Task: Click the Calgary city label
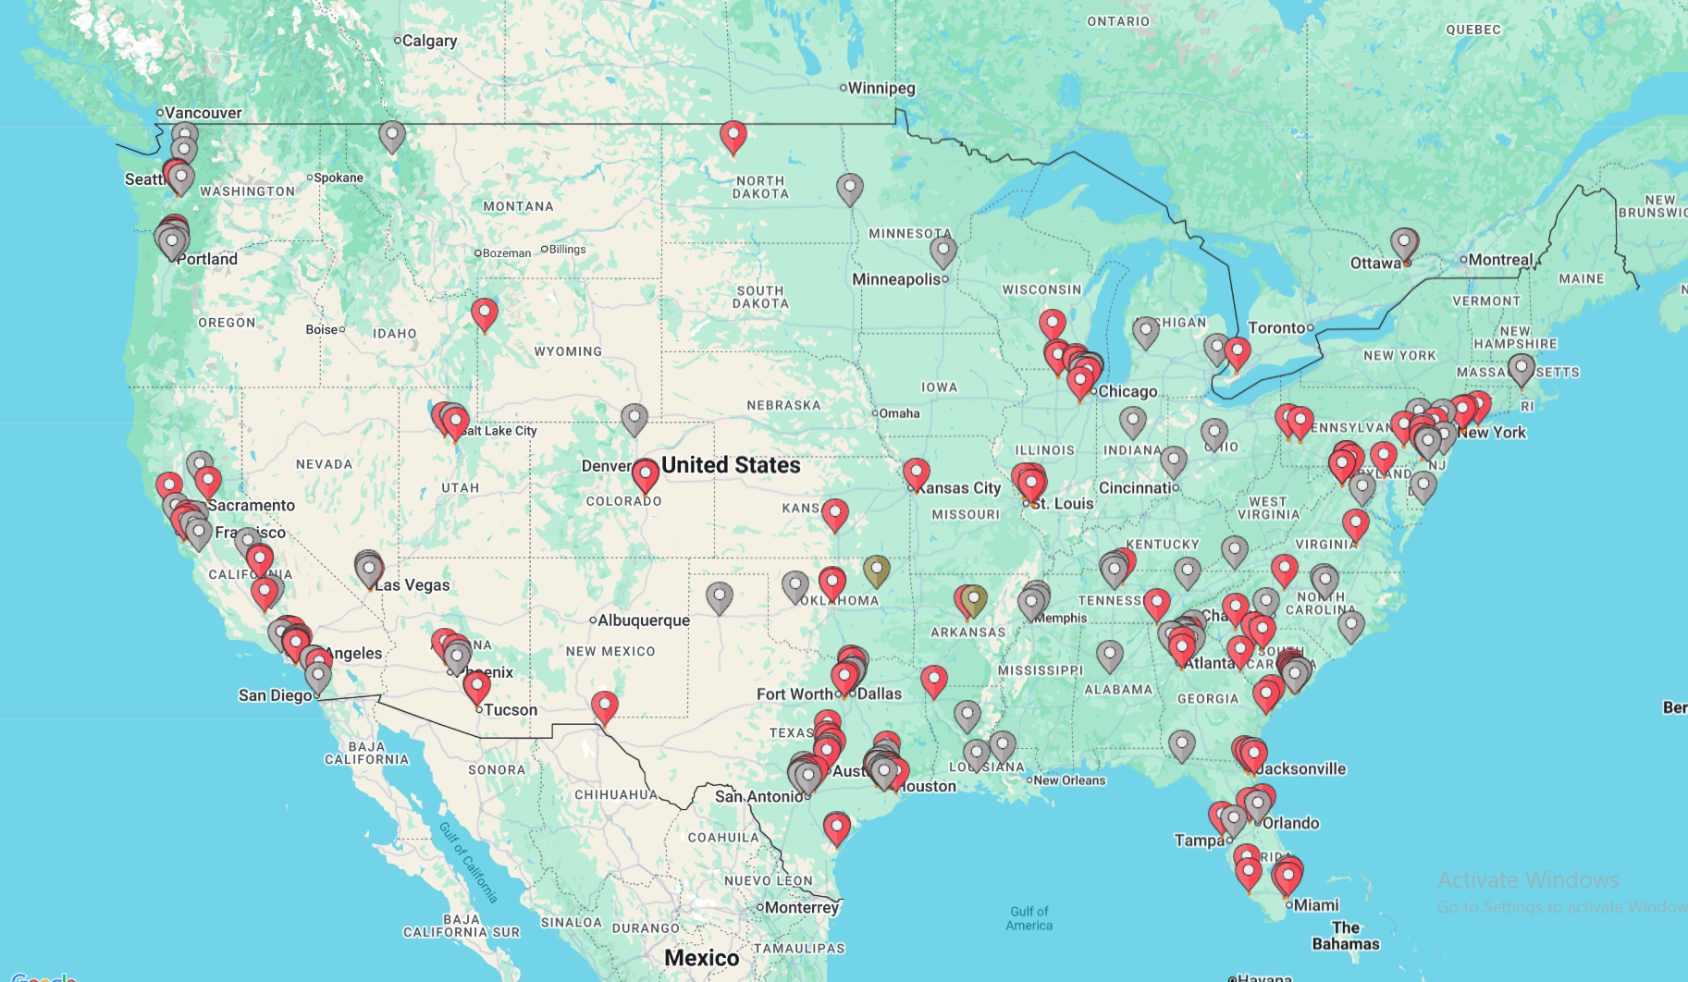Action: tap(429, 41)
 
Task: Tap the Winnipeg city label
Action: tap(881, 88)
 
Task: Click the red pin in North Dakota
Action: tap(733, 135)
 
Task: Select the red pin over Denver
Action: tap(645, 474)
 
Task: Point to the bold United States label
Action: tap(731, 465)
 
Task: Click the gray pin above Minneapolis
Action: tap(943, 250)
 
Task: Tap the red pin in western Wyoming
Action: tap(484, 313)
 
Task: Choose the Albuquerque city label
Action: tap(643, 620)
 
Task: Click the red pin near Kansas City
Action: tap(916, 473)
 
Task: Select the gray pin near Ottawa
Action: tap(1404, 243)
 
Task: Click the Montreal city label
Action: tap(1499, 260)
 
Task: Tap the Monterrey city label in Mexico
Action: tap(801, 907)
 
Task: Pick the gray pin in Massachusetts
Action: tap(1521, 368)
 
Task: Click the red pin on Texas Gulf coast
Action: tap(836, 827)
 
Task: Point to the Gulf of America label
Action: tap(1029, 918)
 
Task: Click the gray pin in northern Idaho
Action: tap(392, 135)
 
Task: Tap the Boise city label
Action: tap(322, 329)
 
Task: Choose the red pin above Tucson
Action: tap(476, 686)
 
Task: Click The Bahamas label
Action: tap(1345, 936)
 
